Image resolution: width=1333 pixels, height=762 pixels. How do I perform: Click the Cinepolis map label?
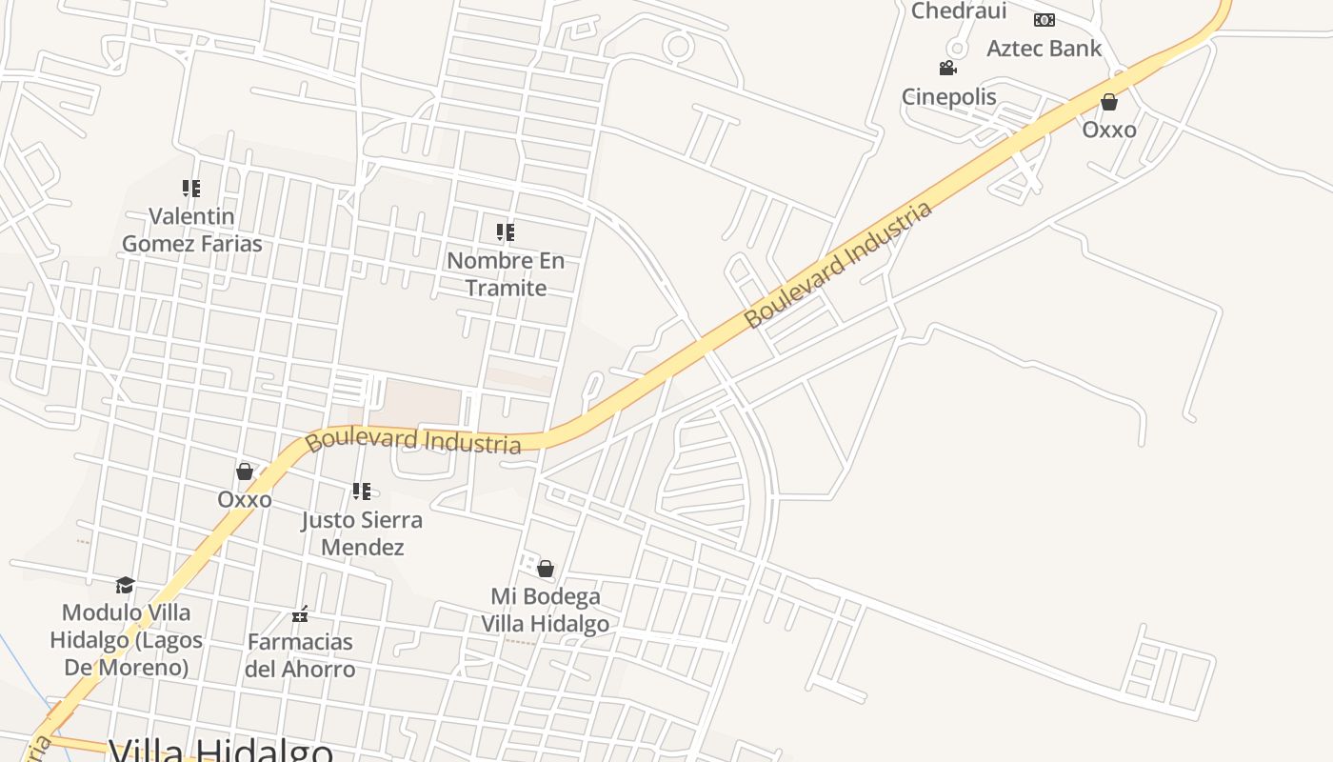point(948,96)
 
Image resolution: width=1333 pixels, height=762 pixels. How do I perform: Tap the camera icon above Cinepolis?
point(947,68)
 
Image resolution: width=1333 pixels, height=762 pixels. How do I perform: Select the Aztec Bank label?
point(1044,48)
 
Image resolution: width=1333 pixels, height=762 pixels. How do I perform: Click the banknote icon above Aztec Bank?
point(1045,20)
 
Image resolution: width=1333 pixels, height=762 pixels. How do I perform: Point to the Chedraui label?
point(959,10)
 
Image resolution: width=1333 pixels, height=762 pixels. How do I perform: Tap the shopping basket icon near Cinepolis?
point(1109,102)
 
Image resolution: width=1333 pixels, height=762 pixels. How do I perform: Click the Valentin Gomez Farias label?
point(191,230)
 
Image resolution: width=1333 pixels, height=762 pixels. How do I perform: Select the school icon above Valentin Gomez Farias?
point(191,189)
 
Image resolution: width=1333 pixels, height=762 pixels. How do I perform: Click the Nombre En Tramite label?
point(506,273)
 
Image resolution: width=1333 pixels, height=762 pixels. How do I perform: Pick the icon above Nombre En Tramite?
point(506,231)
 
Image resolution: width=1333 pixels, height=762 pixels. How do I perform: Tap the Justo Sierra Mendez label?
point(362,533)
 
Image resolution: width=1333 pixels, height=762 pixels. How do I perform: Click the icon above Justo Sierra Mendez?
point(362,491)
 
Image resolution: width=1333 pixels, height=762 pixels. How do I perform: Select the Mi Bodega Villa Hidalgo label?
point(545,610)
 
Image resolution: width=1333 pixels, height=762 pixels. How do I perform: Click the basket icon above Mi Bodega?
point(546,569)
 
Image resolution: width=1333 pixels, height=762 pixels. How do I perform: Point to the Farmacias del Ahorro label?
point(300,654)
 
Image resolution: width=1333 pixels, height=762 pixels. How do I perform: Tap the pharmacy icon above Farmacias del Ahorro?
point(300,614)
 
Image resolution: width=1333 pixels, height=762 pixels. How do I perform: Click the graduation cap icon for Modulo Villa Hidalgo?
point(125,585)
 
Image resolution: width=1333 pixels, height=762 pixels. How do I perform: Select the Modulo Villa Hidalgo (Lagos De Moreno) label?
point(126,639)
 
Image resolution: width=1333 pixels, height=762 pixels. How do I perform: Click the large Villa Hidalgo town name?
point(221,751)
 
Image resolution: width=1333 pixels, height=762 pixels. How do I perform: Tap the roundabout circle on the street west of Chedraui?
point(678,46)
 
